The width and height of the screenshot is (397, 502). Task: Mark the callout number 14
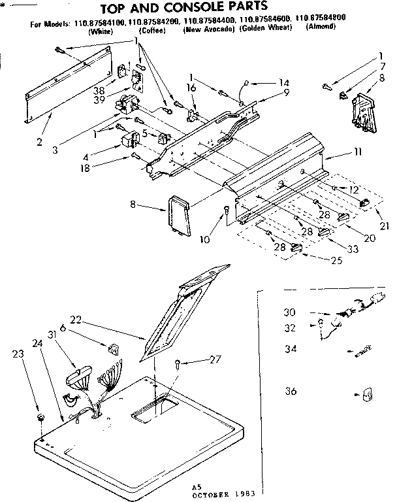pos(283,83)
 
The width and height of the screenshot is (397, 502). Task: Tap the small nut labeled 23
pos(41,416)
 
